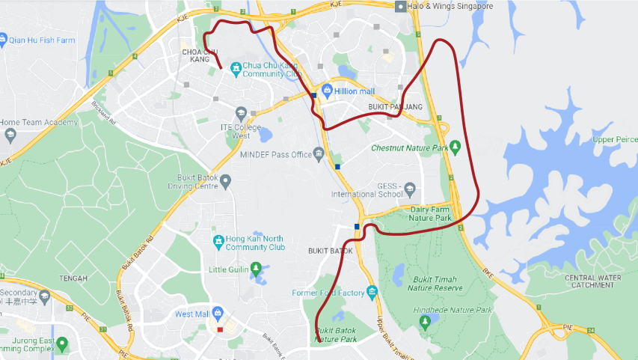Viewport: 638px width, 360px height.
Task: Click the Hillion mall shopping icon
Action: coord(326,91)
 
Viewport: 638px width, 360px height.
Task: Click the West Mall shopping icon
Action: coord(218,312)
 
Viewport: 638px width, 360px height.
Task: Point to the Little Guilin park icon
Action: coord(257,268)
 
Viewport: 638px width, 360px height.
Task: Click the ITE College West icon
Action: coord(240,114)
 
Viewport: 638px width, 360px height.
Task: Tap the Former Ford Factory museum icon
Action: coord(372,291)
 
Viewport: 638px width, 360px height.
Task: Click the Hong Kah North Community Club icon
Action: coord(216,241)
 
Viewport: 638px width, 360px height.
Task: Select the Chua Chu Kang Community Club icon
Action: coord(236,69)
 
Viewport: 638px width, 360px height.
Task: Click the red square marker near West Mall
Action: coord(220,329)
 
